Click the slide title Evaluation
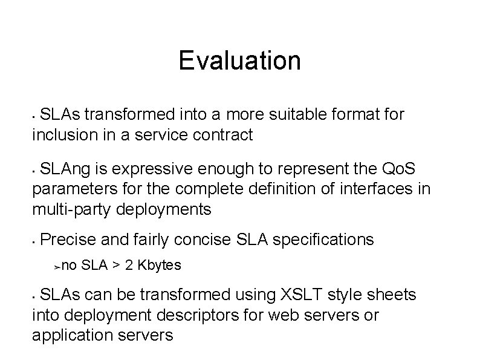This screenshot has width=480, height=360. coord(239,61)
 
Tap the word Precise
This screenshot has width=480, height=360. coord(68,240)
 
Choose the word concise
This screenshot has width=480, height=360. coord(201,240)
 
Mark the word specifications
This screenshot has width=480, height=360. coord(323,240)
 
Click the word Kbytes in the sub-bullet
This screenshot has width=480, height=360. coord(160,266)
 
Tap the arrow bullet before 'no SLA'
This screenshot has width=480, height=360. coord(57,266)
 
